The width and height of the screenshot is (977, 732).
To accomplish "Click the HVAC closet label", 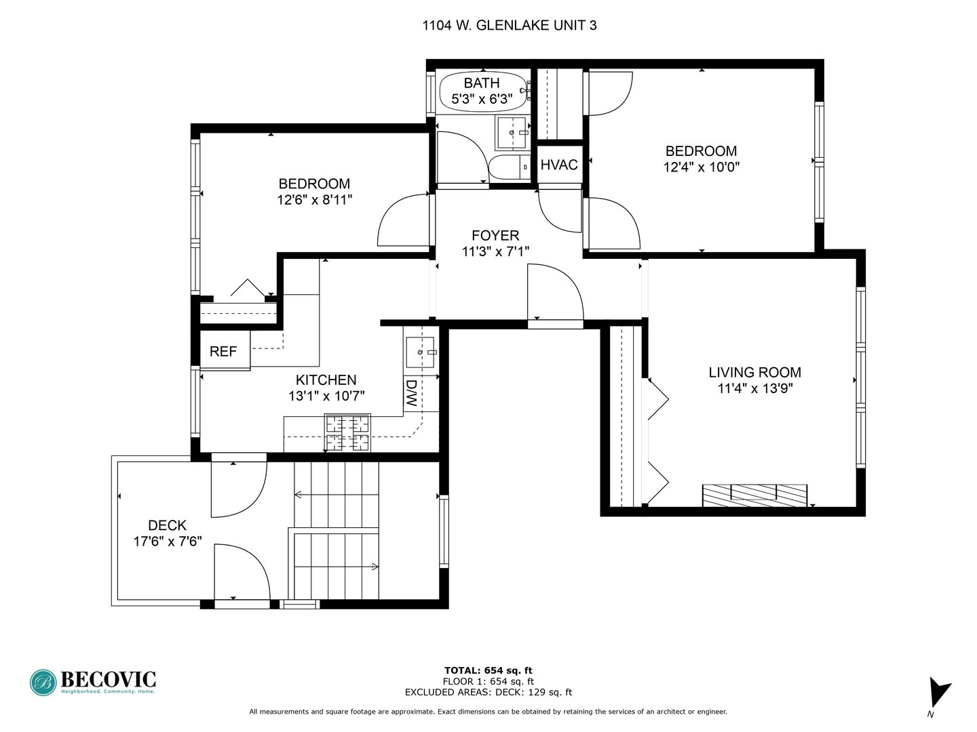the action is click(x=559, y=165).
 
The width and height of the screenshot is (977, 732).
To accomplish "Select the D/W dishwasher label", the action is click(x=411, y=393).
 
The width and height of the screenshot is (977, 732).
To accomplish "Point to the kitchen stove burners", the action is click(x=347, y=432).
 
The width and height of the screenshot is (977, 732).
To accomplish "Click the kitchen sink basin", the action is click(x=420, y=352).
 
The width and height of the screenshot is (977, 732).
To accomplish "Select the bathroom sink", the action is click(x=512, y=133).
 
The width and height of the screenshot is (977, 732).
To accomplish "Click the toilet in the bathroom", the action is click(x=510, y=167).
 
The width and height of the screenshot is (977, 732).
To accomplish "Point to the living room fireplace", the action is click(x=754, y=495).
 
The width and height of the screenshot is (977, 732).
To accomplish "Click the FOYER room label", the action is click(x=495, y=235).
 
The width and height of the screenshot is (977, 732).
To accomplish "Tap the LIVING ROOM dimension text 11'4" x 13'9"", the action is click(x=755, y=388).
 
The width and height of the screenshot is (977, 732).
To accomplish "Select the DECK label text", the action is click(x=167, y=525).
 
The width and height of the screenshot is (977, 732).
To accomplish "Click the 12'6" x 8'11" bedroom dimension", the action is click(x=315, y=199).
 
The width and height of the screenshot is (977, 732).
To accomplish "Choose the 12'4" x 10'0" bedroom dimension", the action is click(x=702, y=167).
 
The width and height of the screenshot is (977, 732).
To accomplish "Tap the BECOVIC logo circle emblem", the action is click(x=43, y=683).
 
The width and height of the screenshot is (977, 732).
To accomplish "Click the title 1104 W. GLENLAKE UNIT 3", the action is click(x=510, y=25).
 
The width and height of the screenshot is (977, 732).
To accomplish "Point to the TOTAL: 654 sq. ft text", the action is click(x=488, y=670).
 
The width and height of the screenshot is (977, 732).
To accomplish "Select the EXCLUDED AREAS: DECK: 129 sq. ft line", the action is click(x=488, y=692).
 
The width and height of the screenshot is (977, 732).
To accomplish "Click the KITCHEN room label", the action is click(x=326, y=380).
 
